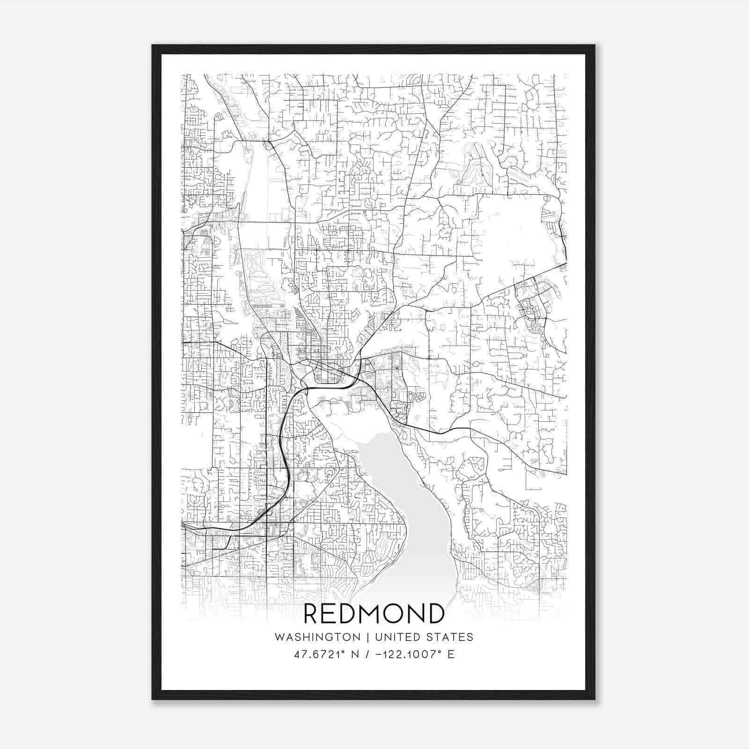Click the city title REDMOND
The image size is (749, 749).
pos(374,613)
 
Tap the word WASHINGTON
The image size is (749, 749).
pos(317,637)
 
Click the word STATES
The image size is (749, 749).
pos(452,637)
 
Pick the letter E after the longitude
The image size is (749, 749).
pos(451,654)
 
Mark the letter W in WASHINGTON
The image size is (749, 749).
pos(279,637)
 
